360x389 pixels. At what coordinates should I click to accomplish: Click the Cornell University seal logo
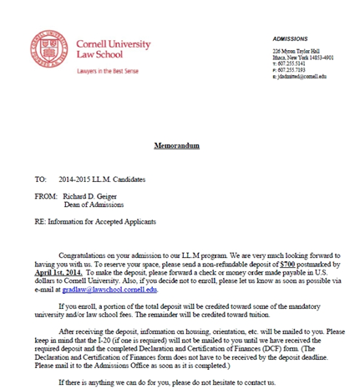(49, 49)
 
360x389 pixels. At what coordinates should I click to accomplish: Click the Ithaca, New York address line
(303, 58)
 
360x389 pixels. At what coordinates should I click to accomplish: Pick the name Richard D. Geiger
(99, 197)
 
